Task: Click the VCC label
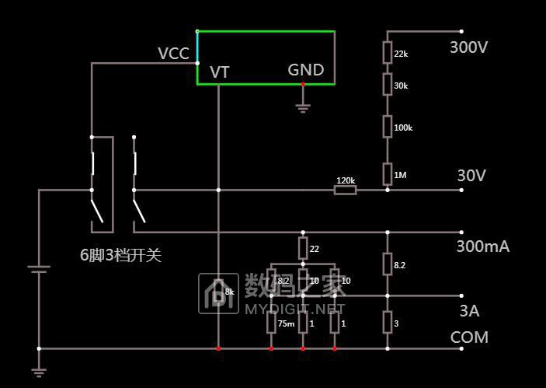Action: click(x=173, y=54)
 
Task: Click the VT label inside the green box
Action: click(x=220, y=72)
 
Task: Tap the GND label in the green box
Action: click(x=305, y=70)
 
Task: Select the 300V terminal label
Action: click(x=468, y=47)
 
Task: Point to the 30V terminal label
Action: click(x=471, y=176)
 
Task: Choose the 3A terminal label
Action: click(x=468, y=311)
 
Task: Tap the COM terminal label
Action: click(x=469, y=337)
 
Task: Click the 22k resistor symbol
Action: click(x=387, y=53)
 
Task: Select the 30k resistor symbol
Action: click(x=387, y=85)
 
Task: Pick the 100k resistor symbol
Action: click(x=387, y=127)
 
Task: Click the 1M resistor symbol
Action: click(x=387, y=174)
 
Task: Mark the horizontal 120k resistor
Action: click(x=346, y=189)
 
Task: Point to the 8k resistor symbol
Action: click(x=219, y=292)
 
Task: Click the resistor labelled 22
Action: click(x=303, y=249)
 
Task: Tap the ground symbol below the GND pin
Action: click(x=303, y=107)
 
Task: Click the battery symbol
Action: click(x=39, y=269)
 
